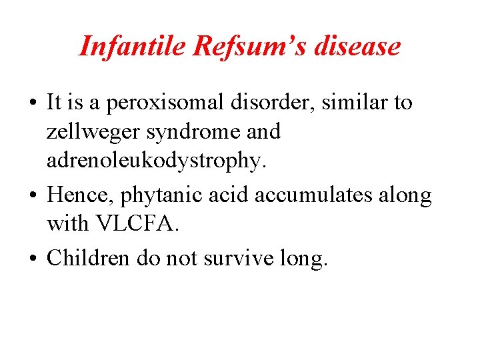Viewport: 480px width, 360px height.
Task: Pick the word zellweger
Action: click(x=93, y=133)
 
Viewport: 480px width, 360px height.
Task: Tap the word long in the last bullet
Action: click(x=309, y=257)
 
